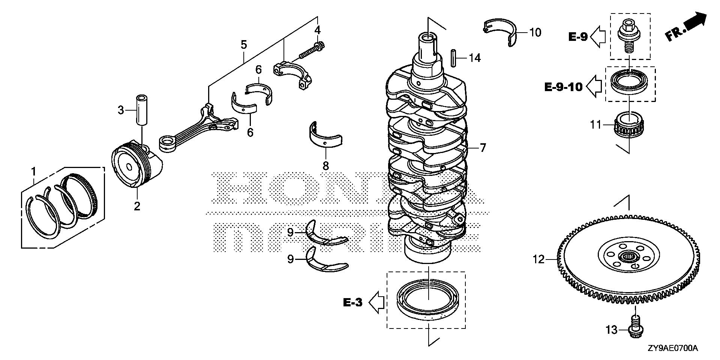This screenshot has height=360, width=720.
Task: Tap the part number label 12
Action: [x=538, y=259]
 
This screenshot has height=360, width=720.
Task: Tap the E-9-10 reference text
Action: [x=563, y=87]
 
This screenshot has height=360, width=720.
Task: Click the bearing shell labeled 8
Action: [x=325, y=137]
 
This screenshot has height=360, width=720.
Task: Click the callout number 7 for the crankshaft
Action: [x=483, y=148]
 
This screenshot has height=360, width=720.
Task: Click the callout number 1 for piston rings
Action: [x=33, y=172]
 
